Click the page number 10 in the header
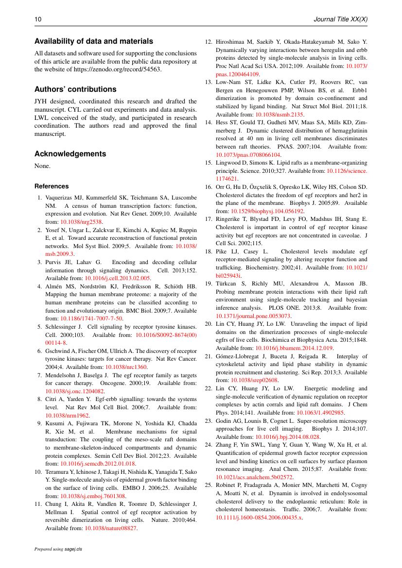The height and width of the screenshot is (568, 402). (x=38, y=19)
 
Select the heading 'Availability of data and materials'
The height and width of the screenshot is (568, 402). (x=94, y=41)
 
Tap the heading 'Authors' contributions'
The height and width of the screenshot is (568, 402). (x=75, y=89)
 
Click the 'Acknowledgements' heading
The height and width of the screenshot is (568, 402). (x=70, y=154)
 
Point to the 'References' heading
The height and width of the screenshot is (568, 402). (x=52, y=186)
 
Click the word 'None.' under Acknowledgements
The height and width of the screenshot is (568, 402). (x=42, y=166)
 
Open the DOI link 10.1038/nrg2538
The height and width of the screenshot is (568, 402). (x=81, y=222)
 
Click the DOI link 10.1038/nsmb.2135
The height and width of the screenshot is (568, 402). (x=276, y=115)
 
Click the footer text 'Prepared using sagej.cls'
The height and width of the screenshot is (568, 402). (x=58, y=549)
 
